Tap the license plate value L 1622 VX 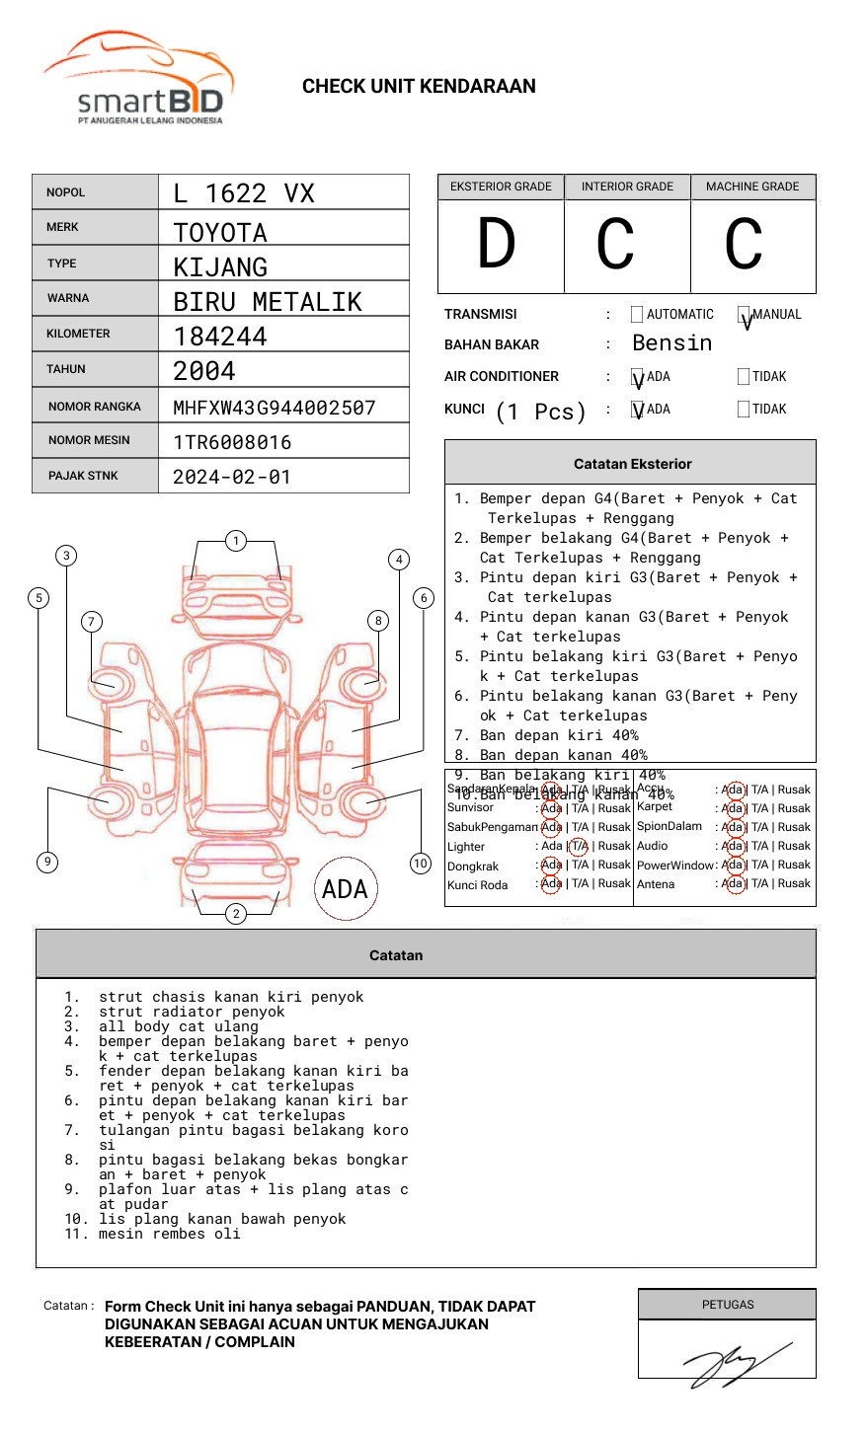244,193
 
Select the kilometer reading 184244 220,337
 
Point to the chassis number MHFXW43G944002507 275,408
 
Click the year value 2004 204,371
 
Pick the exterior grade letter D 497,245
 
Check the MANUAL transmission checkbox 745,315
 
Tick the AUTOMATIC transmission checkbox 637,315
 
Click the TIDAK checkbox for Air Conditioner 744,376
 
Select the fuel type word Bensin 671,343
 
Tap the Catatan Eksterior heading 632,464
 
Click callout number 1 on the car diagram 235,540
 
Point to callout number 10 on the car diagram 421,864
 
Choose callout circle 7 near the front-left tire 91,621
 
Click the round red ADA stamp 345,888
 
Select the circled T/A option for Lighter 579,846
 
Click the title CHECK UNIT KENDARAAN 419,87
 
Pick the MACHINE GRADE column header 752,187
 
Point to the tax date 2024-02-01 232,477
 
